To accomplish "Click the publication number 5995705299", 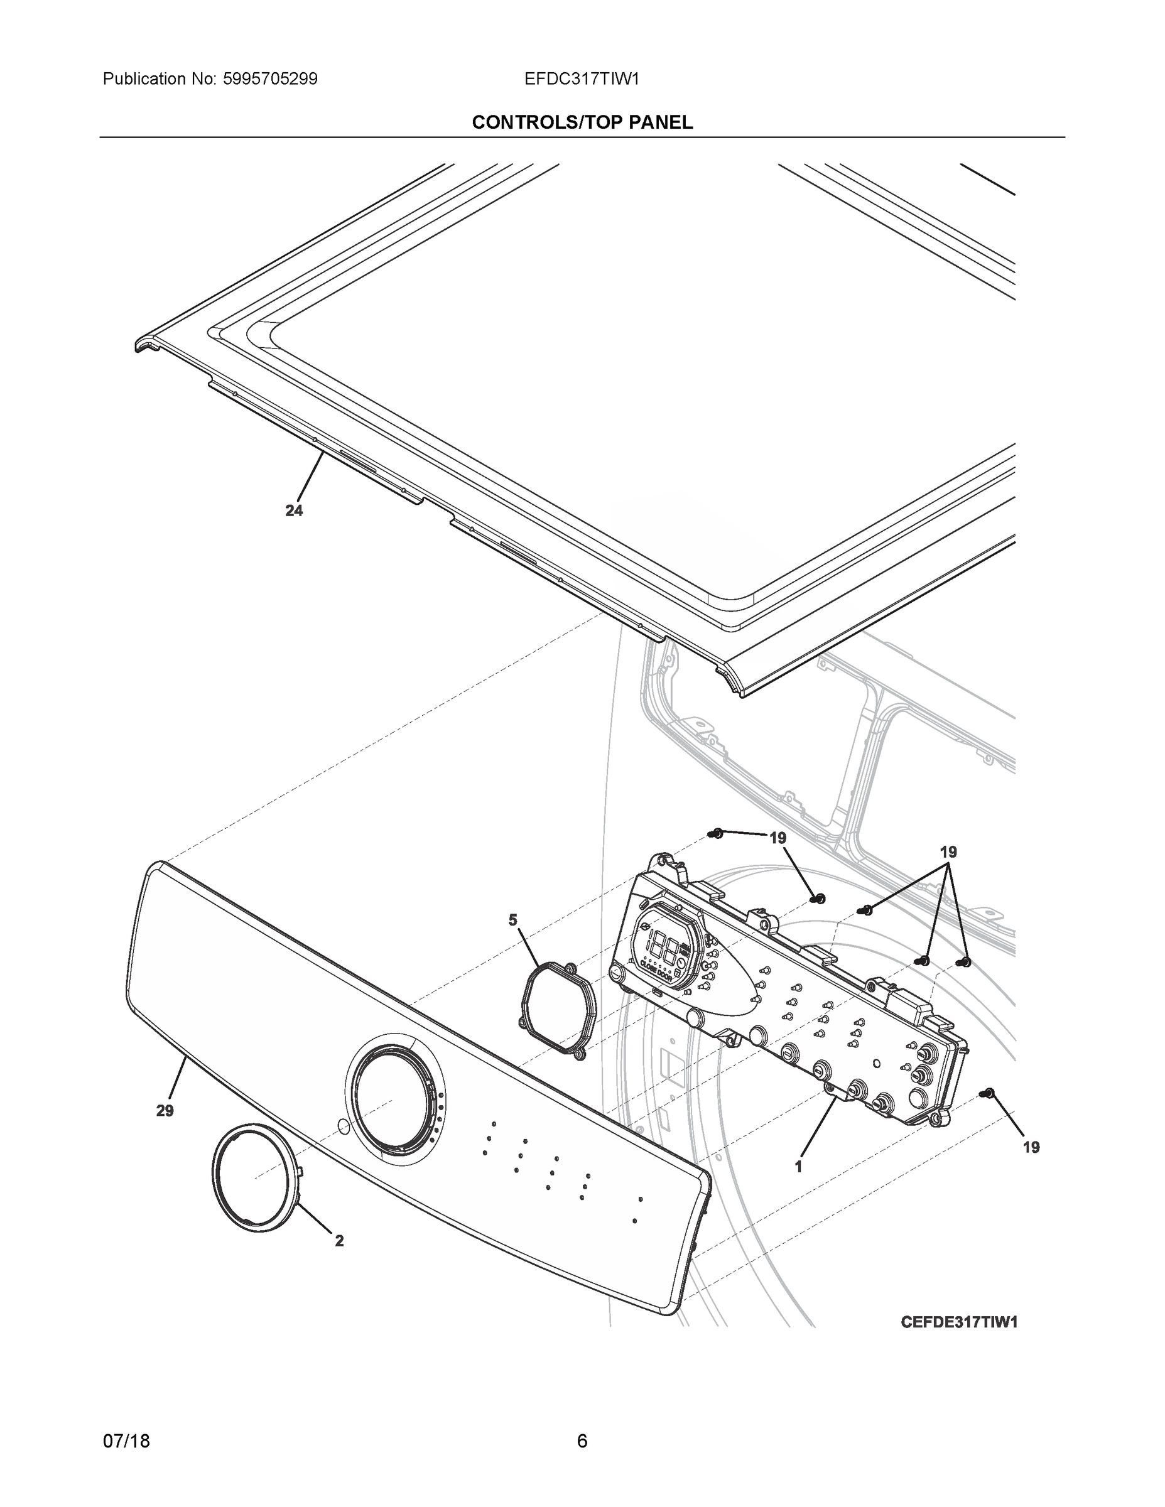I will click(x=271, y=79).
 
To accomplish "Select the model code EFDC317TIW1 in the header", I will click(x=581, y=79).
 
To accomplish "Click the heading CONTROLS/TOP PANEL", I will click(x=582, y=123).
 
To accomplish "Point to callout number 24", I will click(x=294, y=510).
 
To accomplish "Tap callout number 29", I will click(x=165, y=1111).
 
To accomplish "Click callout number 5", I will click(x=513, y=920).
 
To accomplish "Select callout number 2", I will click(x=339, y=1241).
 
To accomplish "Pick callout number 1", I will click(x=798, y=1167).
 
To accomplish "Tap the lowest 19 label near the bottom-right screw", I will click(x=1031, y=1147).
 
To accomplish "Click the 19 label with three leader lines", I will click(x=948, y=852).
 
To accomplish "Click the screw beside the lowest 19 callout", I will click(x=989, y=1093).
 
